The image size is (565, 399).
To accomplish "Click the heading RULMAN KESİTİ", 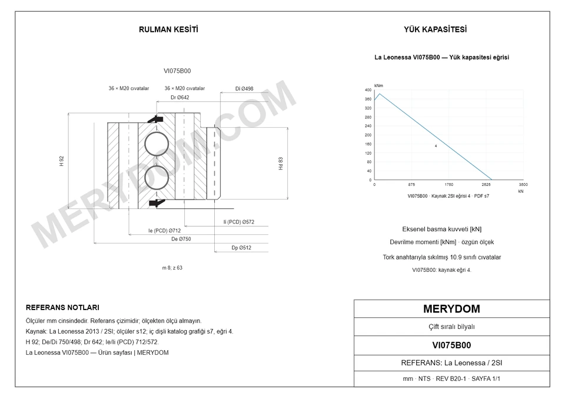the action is point(168,29).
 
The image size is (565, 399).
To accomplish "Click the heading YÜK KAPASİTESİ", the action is point(436,29).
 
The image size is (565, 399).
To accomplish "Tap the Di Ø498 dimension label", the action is point(244,89).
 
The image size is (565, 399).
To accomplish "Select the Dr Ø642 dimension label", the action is point(180,97).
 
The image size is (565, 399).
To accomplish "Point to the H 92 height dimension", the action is point(62,161).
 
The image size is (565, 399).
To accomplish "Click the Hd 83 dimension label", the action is point(281,163).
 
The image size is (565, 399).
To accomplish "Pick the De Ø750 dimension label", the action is point(181,239).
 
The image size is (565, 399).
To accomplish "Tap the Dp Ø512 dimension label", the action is point(241,248).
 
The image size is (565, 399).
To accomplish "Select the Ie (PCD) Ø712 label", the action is point(165,231).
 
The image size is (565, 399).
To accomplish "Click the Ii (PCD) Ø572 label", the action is point(238,222).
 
